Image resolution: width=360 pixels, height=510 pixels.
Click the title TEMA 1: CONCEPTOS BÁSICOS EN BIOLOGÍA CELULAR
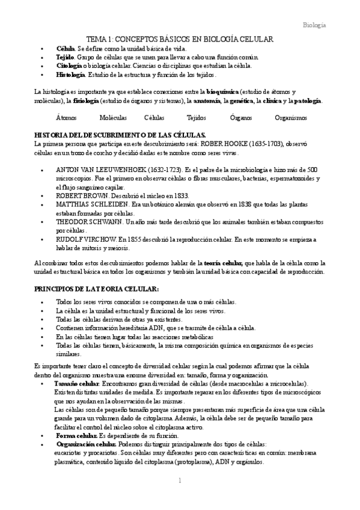pos(180,39)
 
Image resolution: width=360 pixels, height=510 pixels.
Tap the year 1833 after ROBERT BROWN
pos(180,195)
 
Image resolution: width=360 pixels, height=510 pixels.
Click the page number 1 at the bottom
pos(179,480)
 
